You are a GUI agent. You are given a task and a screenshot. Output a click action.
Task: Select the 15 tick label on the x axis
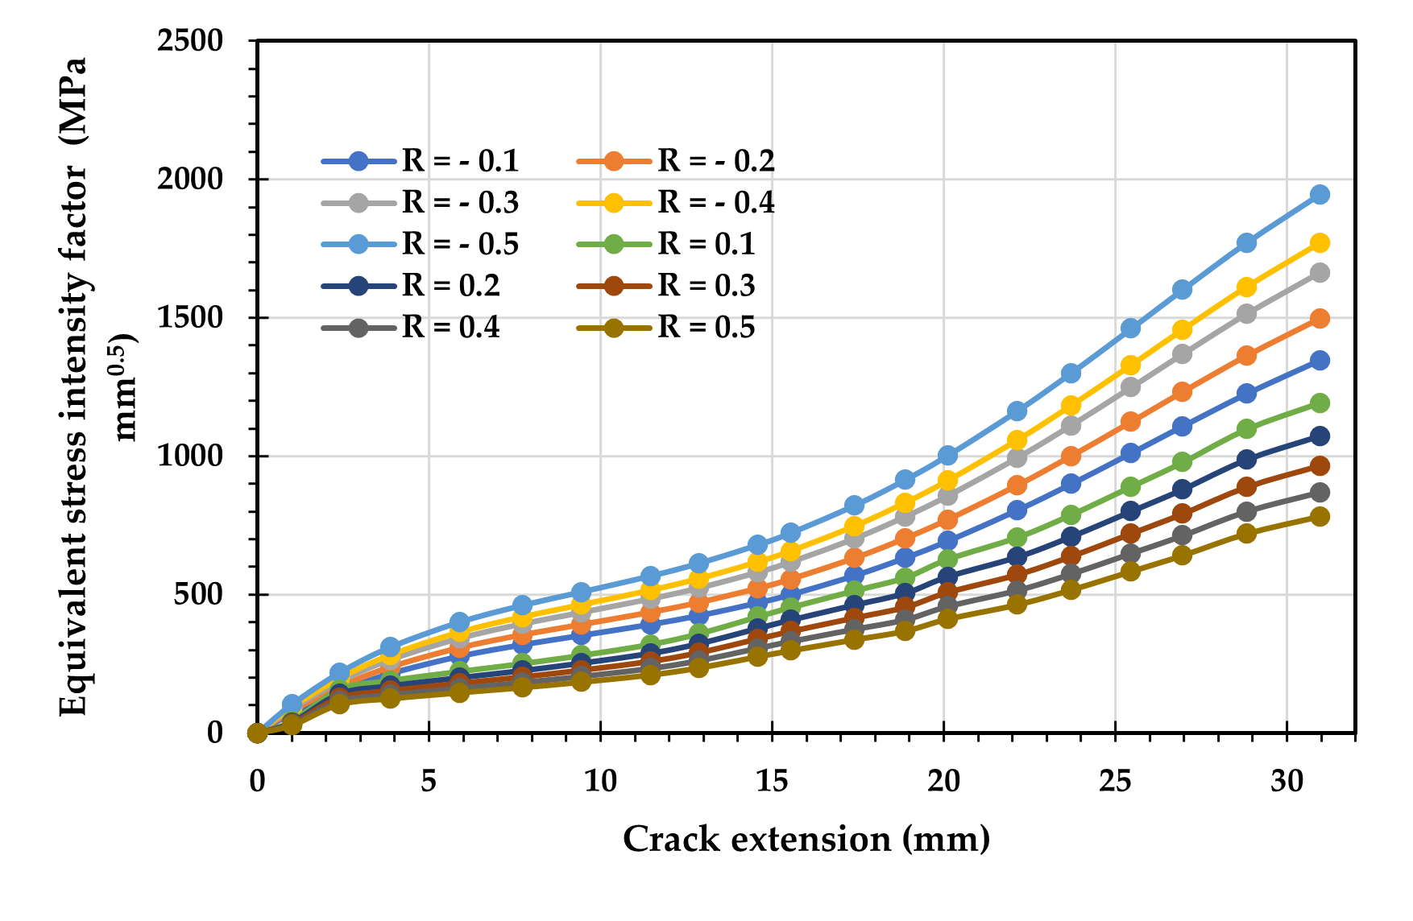click(772, 781)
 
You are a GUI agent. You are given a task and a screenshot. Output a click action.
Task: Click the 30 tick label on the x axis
click(1287, 781)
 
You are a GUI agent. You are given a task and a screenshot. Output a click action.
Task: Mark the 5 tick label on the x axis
click(429, 781)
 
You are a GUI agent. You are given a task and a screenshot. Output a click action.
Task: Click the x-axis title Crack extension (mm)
click(806, 840)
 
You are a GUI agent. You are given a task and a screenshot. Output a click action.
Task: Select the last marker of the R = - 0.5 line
click(1320, 195)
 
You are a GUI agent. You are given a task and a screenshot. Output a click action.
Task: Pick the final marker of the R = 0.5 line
click(1320, 517)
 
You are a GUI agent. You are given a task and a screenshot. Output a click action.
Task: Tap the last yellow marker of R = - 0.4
click(1320, 243)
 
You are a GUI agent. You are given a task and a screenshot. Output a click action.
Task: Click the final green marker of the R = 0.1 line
click(1320, 403)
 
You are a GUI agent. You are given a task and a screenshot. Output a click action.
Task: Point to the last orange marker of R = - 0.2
click(1320, 319)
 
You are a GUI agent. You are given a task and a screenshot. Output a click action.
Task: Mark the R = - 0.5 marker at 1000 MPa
click(947, 456)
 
